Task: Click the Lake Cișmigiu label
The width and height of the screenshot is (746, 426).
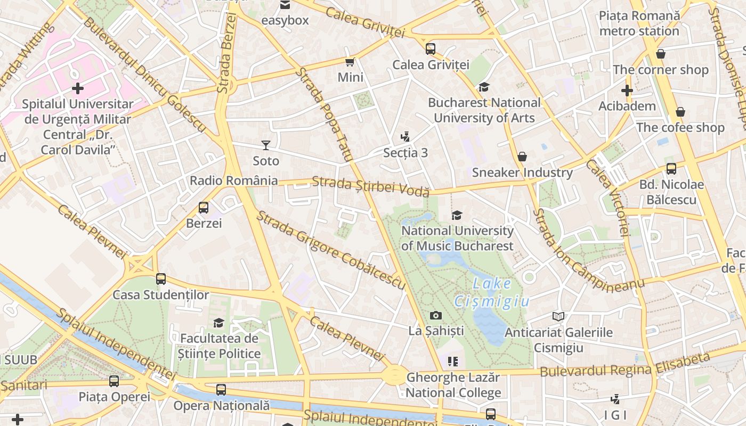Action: [x=491, y=293]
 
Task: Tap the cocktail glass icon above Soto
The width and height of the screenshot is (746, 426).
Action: [x=266, y=145]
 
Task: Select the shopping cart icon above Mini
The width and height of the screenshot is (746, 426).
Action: [x=350, y=62]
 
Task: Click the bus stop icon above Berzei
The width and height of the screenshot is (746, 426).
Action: [x=204, y=208]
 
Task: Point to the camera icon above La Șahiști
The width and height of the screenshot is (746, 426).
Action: [x=436, y=315]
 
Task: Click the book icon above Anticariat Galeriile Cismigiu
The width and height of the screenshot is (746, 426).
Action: [x=558, y=317]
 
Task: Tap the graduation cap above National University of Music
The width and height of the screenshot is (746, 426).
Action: [x=457, y=215]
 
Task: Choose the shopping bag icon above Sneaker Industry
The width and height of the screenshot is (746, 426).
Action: [x=522, y=157]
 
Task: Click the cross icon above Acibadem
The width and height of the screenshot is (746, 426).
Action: [x=627, y=91]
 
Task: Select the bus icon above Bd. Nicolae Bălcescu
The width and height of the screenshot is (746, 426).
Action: [x=671, y=169]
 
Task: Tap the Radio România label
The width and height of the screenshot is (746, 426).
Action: [x=234, y=181]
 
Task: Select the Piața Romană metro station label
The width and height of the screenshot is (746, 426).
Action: [x=639, y=23]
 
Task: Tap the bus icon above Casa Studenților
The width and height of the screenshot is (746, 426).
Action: [x=161, y=278]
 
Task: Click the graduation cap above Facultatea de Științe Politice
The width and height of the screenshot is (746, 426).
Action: [x=218, y=323]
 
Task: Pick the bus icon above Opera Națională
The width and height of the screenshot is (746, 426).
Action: [x=221, y=390]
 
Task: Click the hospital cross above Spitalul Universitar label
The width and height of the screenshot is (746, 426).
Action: [x=78, y=88]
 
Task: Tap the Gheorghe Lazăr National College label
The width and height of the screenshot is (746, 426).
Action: [x=453, y=385]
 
